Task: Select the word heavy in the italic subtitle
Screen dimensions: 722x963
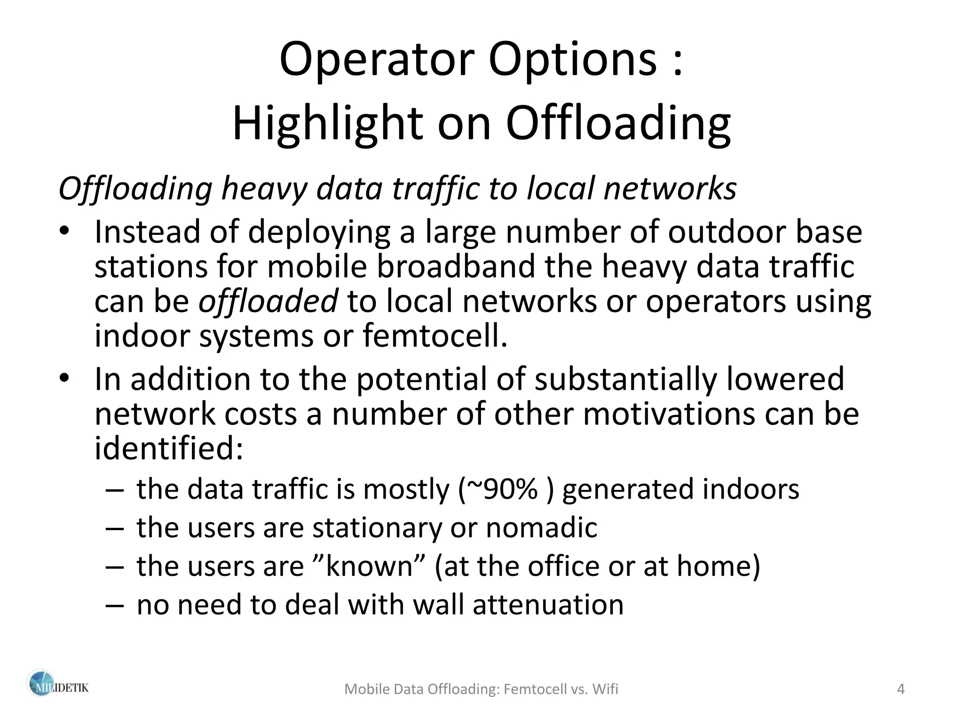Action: pos(264,189)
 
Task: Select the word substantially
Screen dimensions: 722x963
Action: pos(625,379)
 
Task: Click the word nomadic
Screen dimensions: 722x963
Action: pos(541,528)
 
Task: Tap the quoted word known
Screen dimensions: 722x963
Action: pos(369,566)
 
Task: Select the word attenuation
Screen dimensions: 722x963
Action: pos(548,605)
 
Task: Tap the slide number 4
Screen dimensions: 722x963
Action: pos(901,690)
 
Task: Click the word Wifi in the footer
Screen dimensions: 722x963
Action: pos(605,690)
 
